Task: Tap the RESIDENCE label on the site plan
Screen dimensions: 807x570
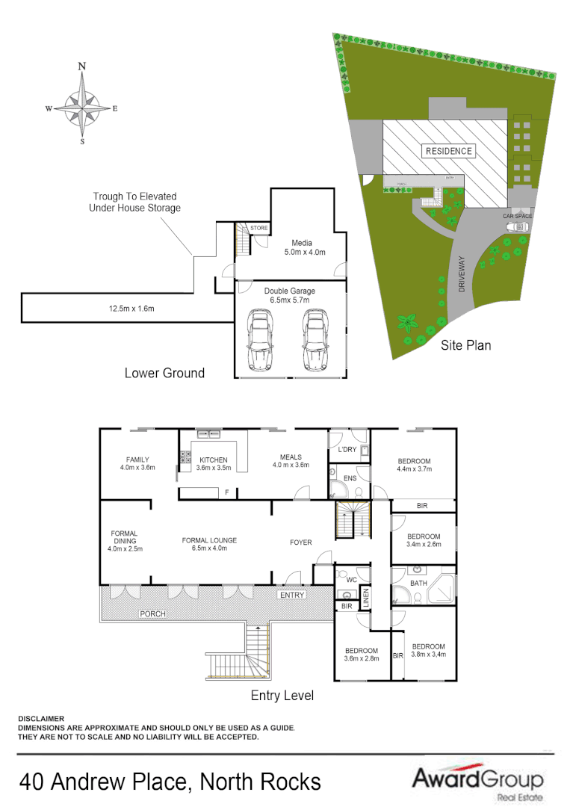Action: tap(449, 151)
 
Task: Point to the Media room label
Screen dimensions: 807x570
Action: tap(302, 243)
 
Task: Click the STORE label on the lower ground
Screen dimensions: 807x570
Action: tap(258, 228)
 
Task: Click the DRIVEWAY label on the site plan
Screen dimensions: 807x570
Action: tap(462, 273)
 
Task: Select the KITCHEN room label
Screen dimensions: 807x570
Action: tap(213, 460)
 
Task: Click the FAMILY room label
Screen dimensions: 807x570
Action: tap(137, 460)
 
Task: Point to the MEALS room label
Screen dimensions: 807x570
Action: tap(291, 457)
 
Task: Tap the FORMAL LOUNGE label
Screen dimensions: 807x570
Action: tap(209, 540)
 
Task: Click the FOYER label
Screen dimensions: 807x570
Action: tap(301, 542)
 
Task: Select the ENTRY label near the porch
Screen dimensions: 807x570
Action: tap(291, 595)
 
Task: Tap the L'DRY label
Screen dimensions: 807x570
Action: tap(347, 450)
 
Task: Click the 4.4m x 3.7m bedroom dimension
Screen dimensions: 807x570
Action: tap(414, 469)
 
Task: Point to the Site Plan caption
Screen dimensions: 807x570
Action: tap(465, 345)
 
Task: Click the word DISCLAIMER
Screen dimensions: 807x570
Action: tap(41, 718)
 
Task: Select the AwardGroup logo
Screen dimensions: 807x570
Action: tap(477, 781)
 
